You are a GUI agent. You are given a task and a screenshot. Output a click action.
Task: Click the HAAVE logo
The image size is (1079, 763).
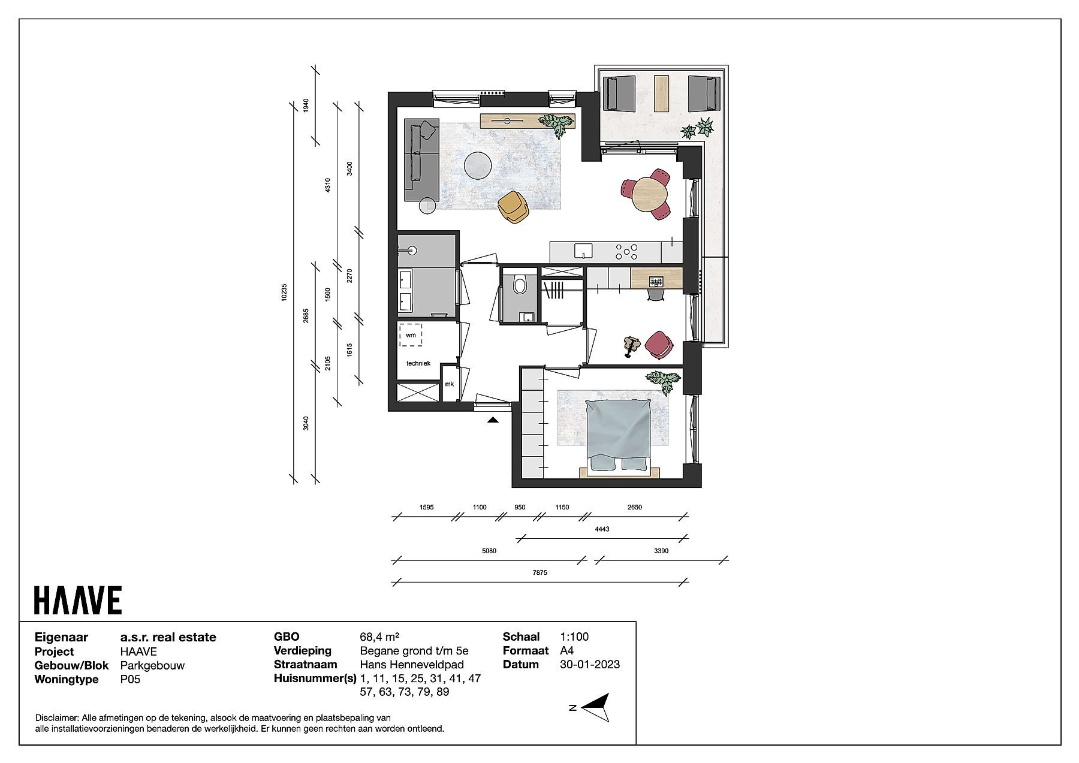pos(78,600)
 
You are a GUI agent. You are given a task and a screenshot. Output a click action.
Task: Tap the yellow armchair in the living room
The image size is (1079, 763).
pos(513,207)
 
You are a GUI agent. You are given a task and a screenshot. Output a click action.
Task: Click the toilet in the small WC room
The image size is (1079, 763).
pos(519,285)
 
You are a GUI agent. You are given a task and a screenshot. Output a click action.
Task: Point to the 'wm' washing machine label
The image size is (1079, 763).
pos(411,335)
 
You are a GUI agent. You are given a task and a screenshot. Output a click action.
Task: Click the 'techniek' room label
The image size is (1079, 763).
pos(418,363)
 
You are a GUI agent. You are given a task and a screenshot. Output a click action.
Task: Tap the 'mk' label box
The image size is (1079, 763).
pos(449,384)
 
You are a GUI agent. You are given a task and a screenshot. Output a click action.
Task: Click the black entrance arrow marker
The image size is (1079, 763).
pos(493,420)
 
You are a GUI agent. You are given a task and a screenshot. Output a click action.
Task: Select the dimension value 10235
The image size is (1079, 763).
pos(285,292)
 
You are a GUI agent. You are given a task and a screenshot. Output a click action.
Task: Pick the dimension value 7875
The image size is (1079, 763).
pos(539,572)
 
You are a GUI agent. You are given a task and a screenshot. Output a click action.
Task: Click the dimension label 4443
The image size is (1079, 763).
pos(602,529)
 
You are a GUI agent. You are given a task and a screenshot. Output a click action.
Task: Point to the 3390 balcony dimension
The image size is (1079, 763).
pos(661,551)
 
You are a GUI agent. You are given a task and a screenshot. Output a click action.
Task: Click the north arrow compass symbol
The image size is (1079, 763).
pos(595,708)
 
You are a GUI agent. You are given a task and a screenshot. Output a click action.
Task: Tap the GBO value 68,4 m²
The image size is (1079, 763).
pos(379,637)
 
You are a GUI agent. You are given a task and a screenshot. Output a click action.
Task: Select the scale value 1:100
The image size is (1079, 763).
pos(574,637)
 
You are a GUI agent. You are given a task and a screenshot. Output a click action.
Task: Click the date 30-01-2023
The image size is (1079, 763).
pos(590,664)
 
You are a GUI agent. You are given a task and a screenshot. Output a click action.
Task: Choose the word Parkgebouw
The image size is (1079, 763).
pos(152,665)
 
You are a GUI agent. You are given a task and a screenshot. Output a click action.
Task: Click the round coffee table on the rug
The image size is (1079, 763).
pos(478,165)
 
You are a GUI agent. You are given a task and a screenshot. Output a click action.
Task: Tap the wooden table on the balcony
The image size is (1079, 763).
pos(661,94)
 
